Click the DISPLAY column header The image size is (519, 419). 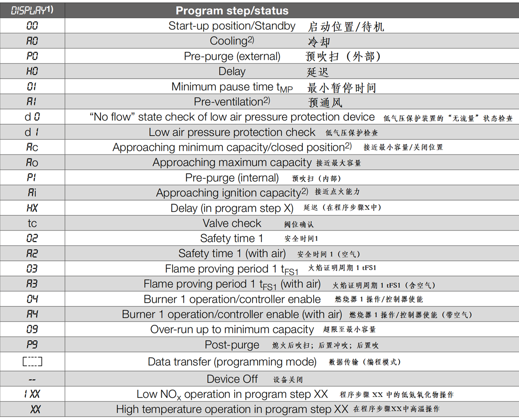32,10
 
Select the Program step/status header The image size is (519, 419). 232,10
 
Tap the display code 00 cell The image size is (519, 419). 32,26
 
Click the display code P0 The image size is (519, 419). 32,56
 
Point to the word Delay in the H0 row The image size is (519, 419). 232,72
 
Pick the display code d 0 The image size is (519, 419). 32,117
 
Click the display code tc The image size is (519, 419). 32,223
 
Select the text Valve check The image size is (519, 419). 232,223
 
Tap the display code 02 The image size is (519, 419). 32,238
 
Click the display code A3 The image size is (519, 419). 32,284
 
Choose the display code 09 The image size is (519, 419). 32,330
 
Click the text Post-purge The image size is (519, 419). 232,345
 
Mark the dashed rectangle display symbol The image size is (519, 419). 32,362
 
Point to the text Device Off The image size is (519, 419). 232,379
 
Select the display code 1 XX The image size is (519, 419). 32,394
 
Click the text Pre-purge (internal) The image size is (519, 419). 232,178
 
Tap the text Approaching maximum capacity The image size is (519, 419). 232,162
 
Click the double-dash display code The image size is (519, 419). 32,379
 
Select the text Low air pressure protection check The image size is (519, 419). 232,132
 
